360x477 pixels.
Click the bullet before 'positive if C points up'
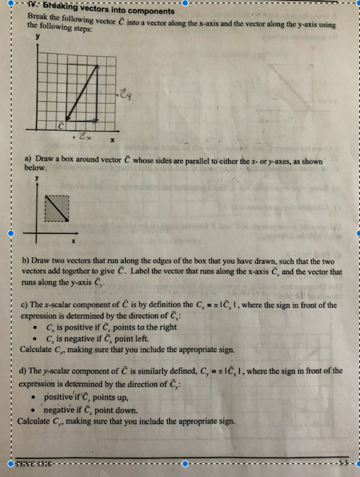click(34, 397)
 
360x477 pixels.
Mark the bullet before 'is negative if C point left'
click(34, 338)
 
